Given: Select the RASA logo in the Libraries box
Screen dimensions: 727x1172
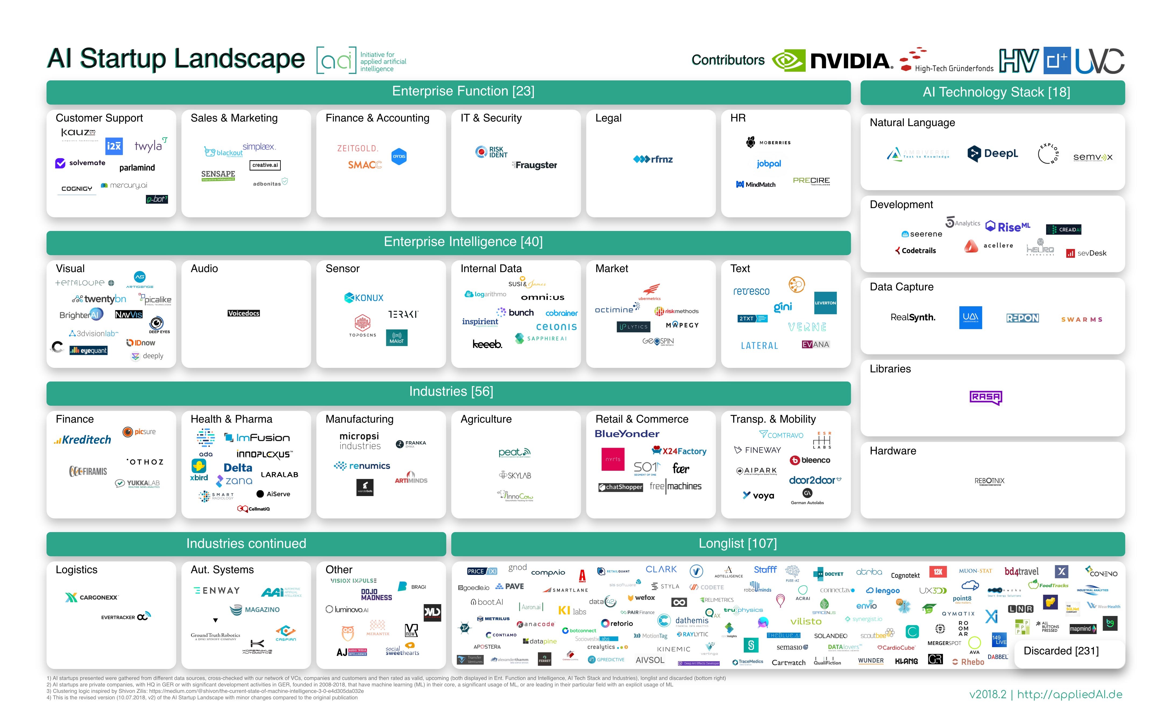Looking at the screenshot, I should [985, 397].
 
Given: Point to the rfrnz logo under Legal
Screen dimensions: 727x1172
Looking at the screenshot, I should [653, 159].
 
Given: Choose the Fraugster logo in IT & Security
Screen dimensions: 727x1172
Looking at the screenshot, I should [535, 165].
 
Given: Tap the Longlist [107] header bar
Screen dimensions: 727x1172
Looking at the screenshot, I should [737, 543].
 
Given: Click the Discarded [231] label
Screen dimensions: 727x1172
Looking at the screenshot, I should [1061, 651].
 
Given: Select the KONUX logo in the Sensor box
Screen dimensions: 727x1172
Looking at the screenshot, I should [364, 298].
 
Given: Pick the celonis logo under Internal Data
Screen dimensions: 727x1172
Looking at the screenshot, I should [556, 327].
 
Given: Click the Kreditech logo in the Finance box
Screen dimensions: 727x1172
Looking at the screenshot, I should [83, 440].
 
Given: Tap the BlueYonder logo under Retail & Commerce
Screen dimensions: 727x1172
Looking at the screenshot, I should [627, 434].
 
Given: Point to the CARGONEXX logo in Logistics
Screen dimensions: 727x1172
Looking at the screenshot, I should [92, 597].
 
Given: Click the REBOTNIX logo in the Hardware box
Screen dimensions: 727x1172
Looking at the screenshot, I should [989, 481].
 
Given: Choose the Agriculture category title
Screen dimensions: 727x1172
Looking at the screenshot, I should [486, 419].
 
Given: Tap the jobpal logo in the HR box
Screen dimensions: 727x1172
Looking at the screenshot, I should [769, 163].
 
